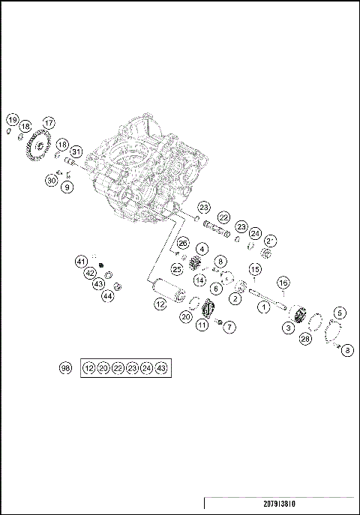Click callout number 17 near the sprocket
[x=49, y=123]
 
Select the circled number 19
[x=13, y=119]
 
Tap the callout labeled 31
[x=76, y=153]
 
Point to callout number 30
[x=51, y=180]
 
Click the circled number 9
[x=67, y=187]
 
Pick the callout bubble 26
[x=182, y=243]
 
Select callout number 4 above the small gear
[x=202, y=248]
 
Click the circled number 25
[x=177, y=268]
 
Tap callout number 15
[x=254, y=269]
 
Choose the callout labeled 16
[x=283, y=283]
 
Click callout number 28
[x=305, y=339]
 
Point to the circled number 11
[x=202, y=325]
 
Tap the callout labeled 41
[x=82, y=261]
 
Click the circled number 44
[x=107, y=296]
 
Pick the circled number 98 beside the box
[x=66, y=368]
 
